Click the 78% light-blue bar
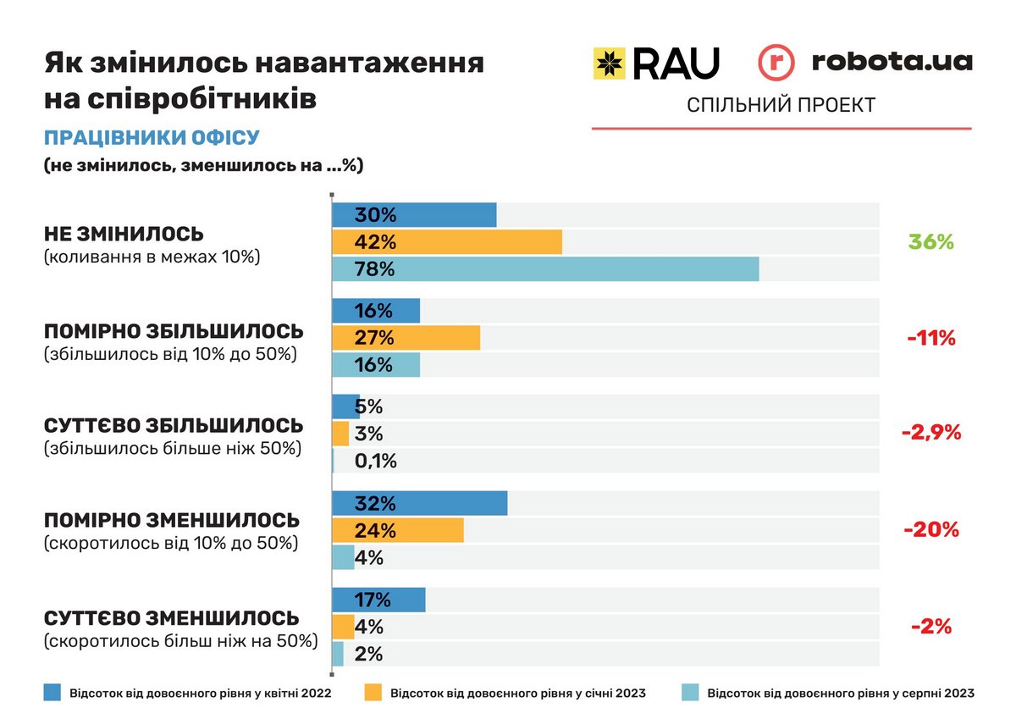pyautogui.click(x=545, y=269)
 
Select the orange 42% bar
pyautogui.click(x=447, y=242)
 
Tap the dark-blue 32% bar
pyautogui.click(x=420, y=503)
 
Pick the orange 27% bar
pyautogui.click(x=406, y=338)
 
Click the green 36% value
pyautogui.click(x=930, y=242)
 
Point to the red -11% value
pyautogui.click(x=930, y=339)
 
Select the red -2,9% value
pyautogui.click(x=931, y=433)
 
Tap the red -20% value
pyautogui.click(x=930, y=530)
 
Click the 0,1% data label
pyautogui.click(x=376, y=462)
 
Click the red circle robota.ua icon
pyautogui.click(x=776, y=64)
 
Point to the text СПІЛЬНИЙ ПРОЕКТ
pyautogui.click(x=781, y=105)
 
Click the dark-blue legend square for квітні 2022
pyautogui.click(x=52, y=693)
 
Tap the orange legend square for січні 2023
pyautogui.click(x=373, y=693)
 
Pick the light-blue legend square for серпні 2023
pyautogui.click(x=690, y=693)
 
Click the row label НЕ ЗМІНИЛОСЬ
pyautogui.click(x=124, y=235)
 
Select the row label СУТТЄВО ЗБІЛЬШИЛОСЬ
pyautogui.click(x=173, y=425)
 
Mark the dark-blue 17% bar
pyautogui.click(x=378, y=600)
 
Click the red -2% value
pyautogui.click(x=931, y=628)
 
